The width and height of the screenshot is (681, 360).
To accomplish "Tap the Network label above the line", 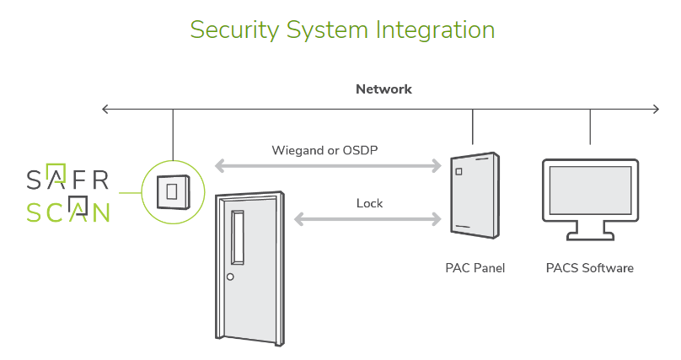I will coord(383,89).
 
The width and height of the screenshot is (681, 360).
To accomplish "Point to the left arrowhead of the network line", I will coord(105,109).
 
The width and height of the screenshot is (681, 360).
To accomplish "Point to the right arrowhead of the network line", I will coord(656,109).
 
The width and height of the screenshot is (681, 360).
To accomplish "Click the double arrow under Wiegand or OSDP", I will coord(329,165).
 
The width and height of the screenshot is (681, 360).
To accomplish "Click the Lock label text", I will coord(369,203).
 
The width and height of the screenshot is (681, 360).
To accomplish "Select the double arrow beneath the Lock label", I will coord(367,219).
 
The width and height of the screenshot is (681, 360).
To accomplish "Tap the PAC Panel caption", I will coord(475,269).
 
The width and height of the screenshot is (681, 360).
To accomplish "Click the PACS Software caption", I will coord(589,269).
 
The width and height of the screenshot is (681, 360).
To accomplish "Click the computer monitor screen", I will coord(590,190).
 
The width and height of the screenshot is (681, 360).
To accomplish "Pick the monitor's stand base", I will coord(590,237).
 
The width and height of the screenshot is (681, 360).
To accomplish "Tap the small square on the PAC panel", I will coord(459,172).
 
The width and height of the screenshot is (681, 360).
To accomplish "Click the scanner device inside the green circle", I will coord(172,191).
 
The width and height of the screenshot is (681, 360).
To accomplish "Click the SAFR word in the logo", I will coord(67,179).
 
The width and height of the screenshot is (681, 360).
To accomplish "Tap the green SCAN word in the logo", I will coord(67,211).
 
